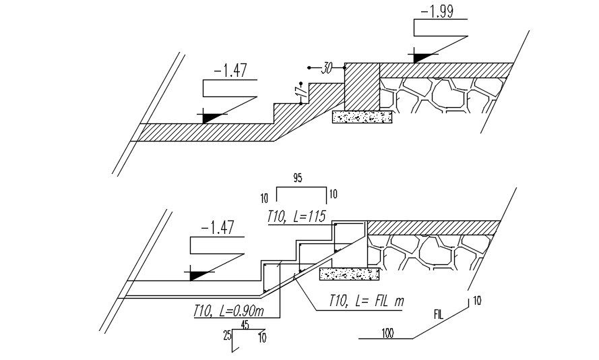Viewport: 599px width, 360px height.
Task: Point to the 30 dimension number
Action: pyautogui.click(x=328, y=68)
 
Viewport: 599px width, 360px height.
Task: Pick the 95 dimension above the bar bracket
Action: pyautogui.click(x=298, y=178)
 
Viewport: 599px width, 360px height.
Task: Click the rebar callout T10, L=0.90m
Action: pyautogui.click(x=227, y=311)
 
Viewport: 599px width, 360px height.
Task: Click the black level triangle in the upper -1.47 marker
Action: pyautogui.click(x=214, y=117)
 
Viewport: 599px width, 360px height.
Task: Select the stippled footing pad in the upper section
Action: pyautogui.click(x=362, y=117)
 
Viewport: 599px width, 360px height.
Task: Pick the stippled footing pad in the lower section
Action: pyautogui.click(x=349, y=274)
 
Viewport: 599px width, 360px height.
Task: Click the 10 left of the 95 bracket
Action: pyautogui.click(x=264, y=198)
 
